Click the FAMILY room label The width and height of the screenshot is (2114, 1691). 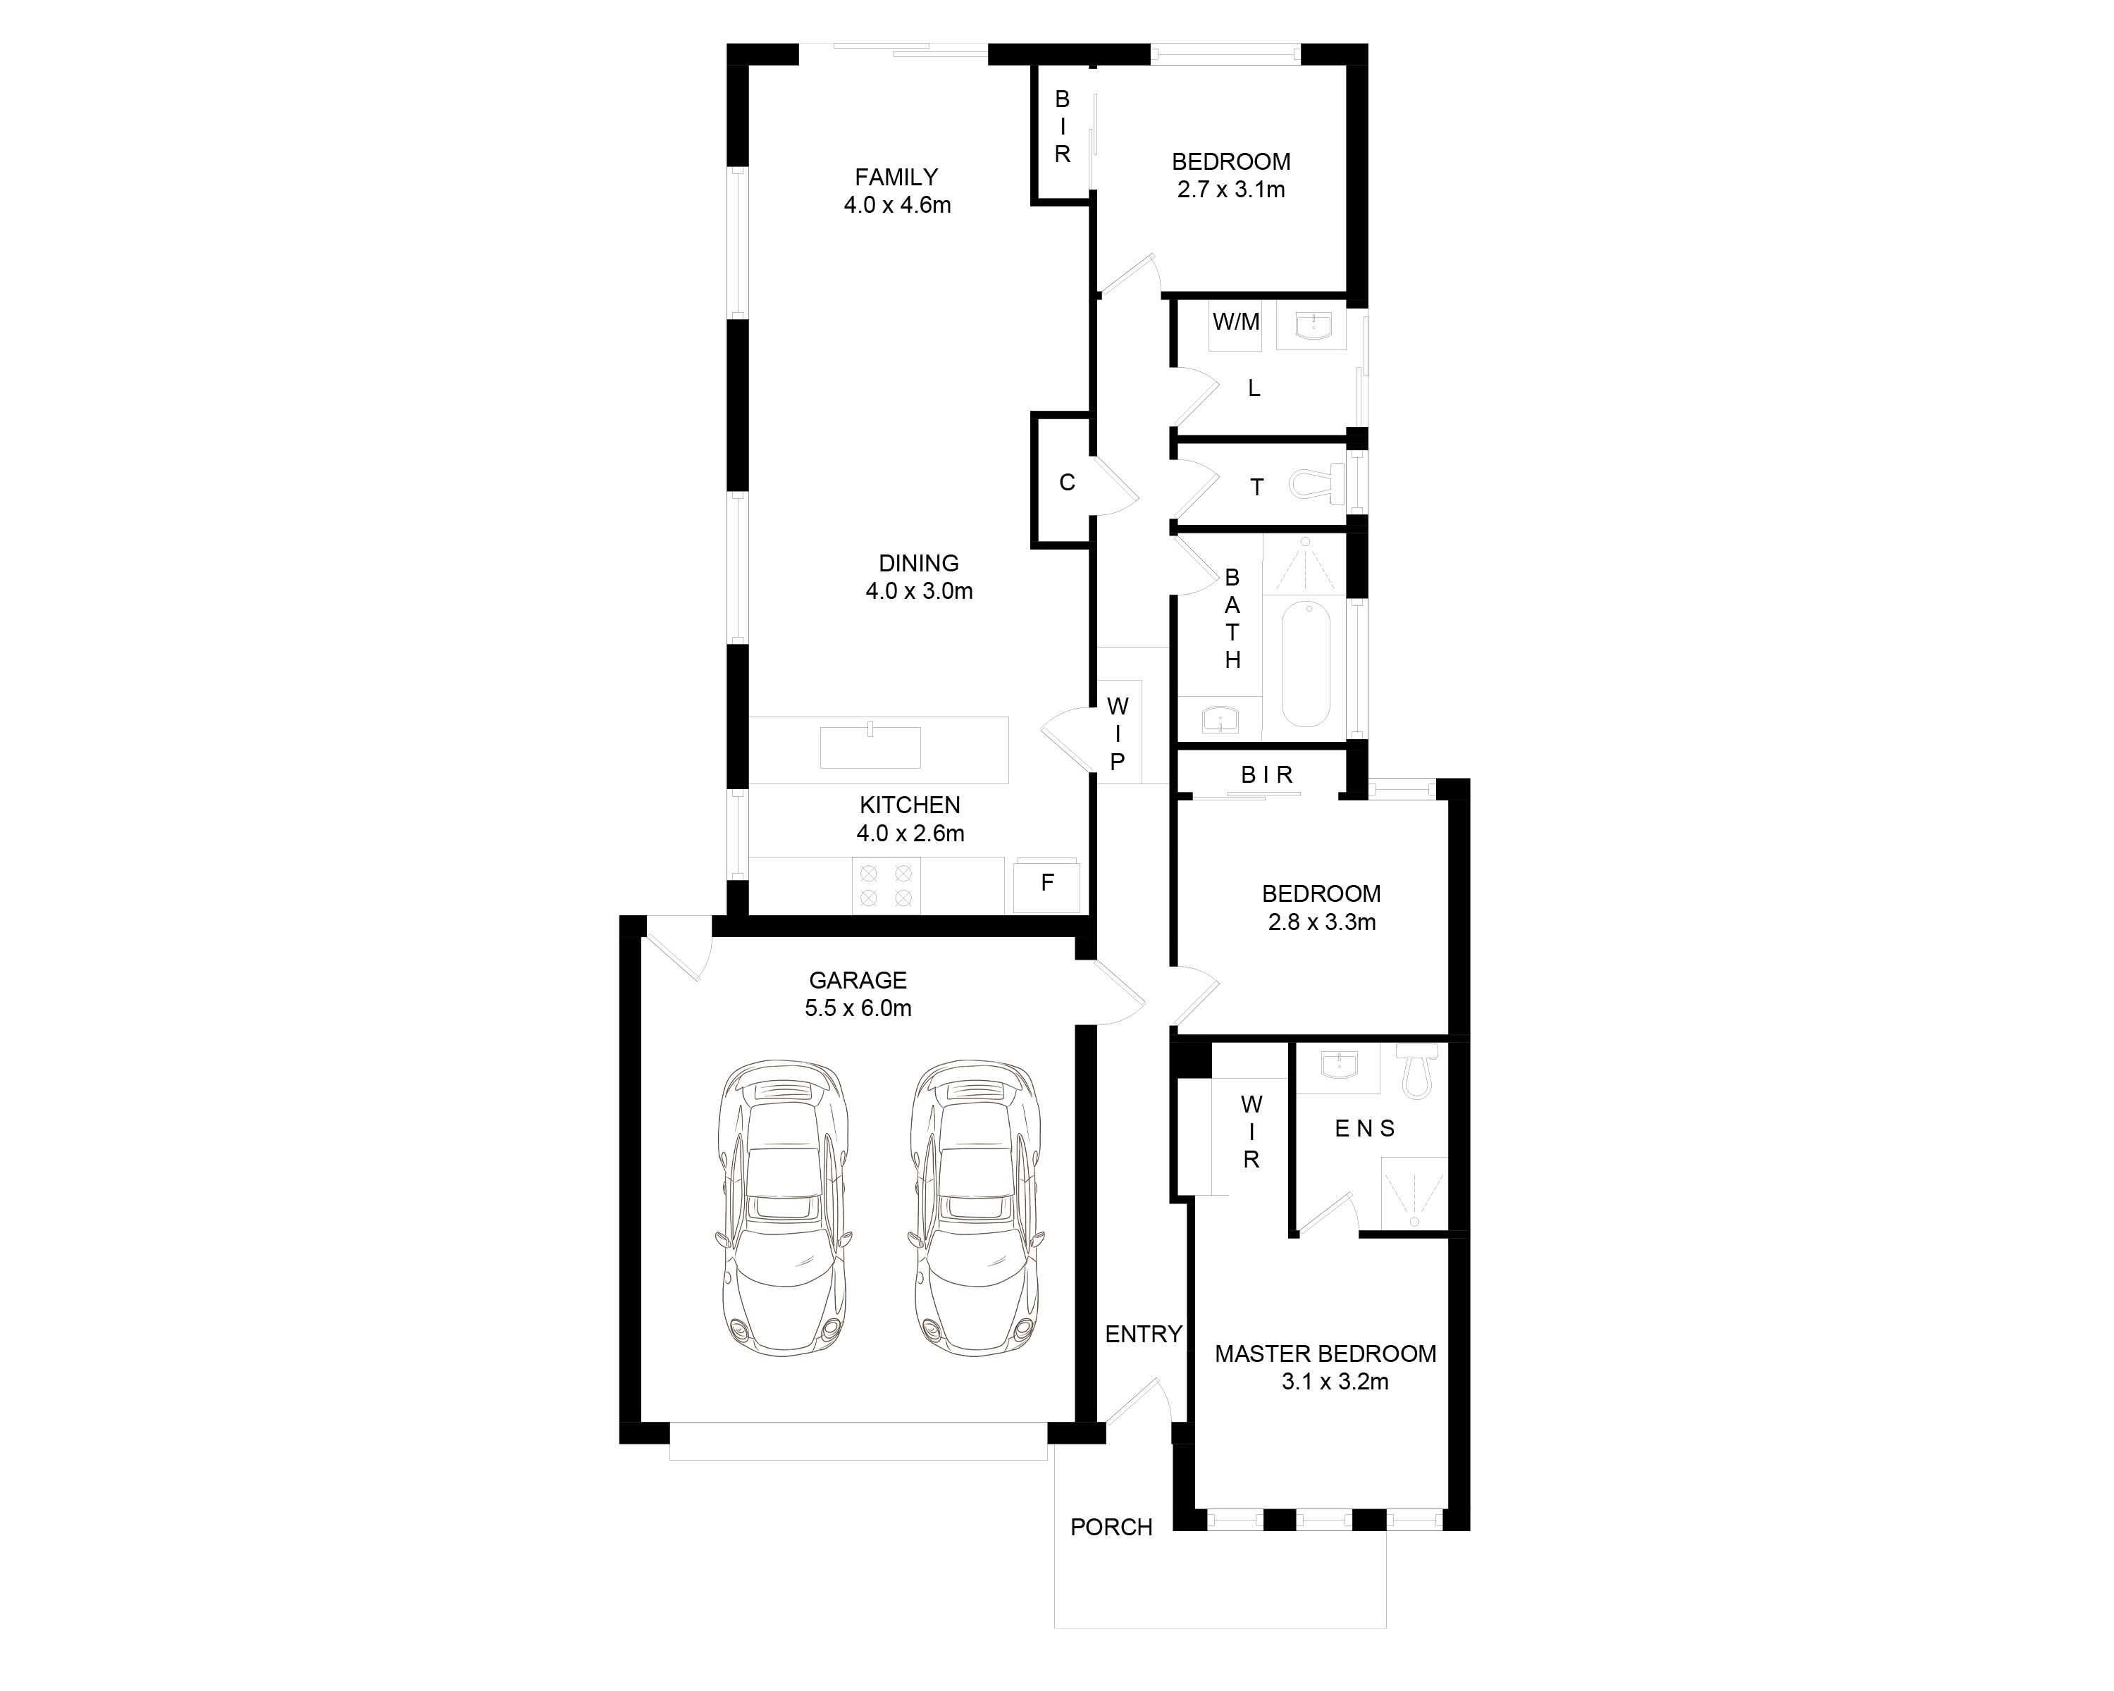point(896,178)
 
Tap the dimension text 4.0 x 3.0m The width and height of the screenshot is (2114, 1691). point(919,591)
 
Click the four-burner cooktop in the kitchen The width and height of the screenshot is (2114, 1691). point(886,885)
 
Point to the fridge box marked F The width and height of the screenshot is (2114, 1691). point(1047,884)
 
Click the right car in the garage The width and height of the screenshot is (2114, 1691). point(977,1207)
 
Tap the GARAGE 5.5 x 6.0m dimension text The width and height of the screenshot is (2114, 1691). point(858,1008)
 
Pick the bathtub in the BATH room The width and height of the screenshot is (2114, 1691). point(1305,664)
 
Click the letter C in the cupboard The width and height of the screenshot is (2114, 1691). point(1067,483)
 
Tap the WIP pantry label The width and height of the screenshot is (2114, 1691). point(1118,733)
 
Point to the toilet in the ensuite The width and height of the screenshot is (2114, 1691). point(1418,1072)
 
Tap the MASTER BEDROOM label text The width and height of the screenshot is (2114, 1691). point(1325,1354)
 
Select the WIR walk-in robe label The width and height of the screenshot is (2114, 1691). point(1251,1132)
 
